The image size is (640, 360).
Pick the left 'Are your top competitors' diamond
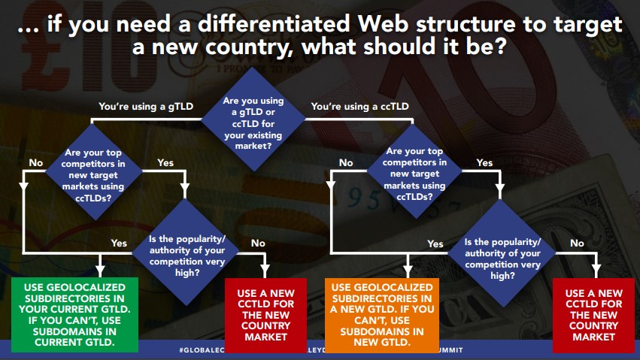point(95,171)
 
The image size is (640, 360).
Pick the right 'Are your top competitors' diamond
point(415,171)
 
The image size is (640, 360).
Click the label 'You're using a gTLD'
point(146,107)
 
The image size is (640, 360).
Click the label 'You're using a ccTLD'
point(360,107)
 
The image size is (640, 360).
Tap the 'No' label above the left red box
point(258,243)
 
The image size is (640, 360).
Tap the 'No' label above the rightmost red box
point(577,243)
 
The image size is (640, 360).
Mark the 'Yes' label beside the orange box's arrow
point(435,244)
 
